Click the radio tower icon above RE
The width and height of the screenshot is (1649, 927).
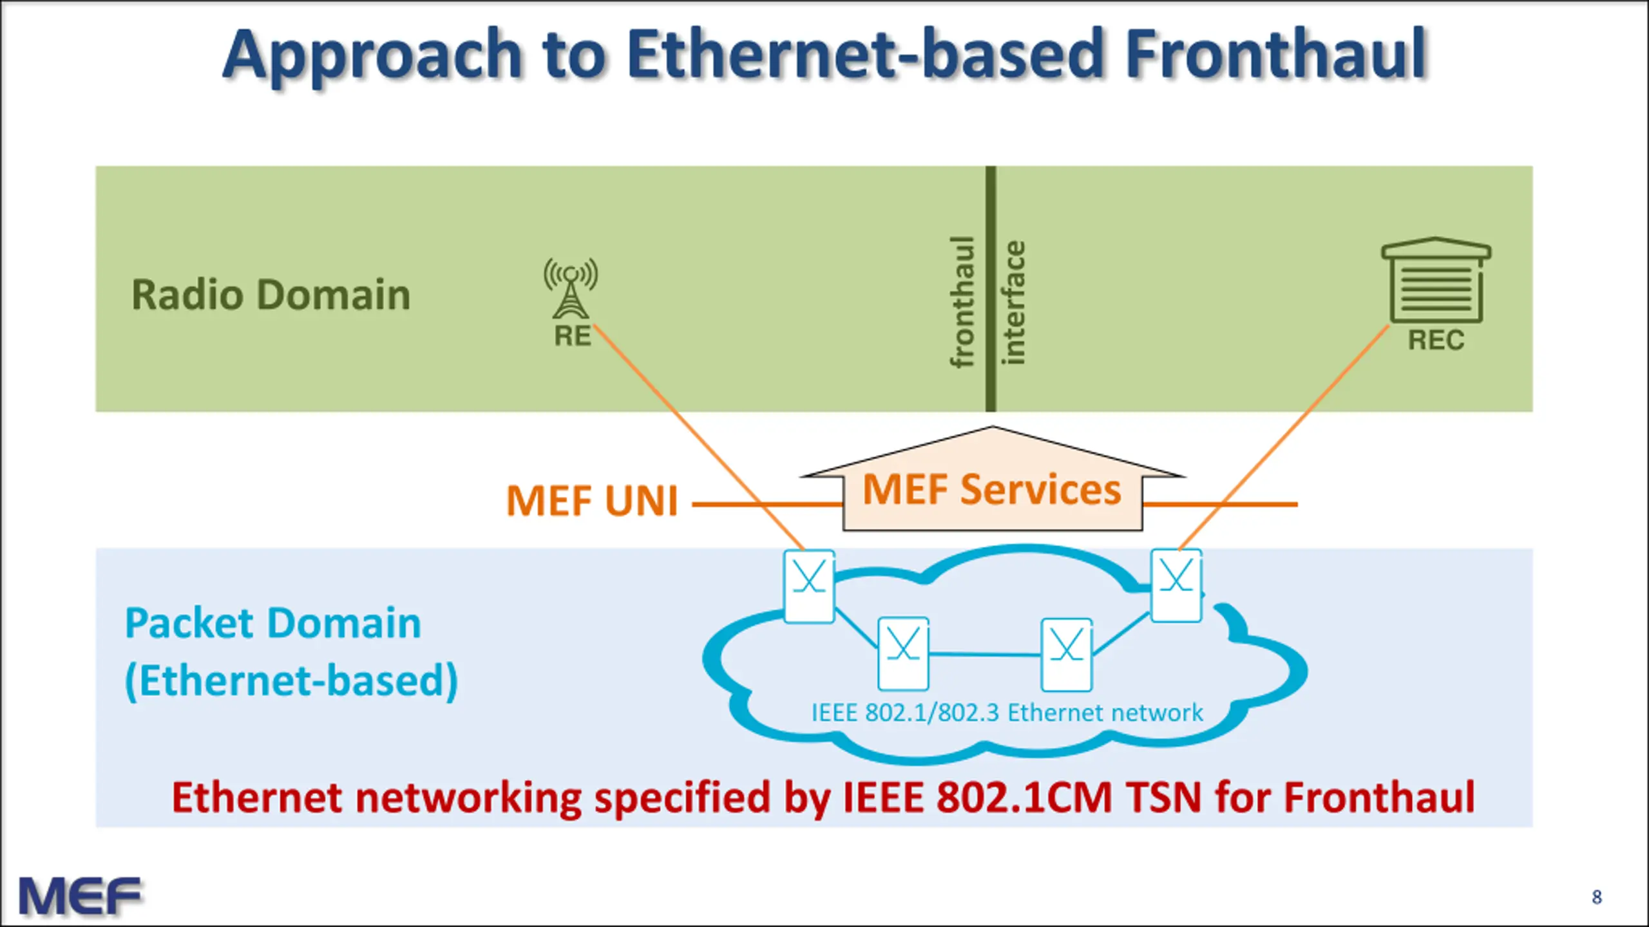click(x=571, y=288)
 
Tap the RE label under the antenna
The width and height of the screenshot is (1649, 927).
click(x=572, y=336)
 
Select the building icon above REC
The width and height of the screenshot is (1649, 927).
click(x=1436, y=280)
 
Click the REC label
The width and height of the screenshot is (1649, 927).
click(x=1436, y=340)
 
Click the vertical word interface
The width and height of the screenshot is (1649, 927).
click(x=1013, y=303)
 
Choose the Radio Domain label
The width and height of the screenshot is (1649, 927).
click(x=271, y=295)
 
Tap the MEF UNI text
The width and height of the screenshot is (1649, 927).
click(x=593, y=501)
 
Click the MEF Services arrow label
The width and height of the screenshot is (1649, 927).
click(x=992, y=489)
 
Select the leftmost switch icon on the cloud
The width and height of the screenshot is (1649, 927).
click(x=809, y=586)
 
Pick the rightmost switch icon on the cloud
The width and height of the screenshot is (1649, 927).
click(x=1176, y=585)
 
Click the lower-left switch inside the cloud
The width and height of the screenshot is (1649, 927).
click(x=903, y=654)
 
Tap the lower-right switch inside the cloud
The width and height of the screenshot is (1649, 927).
click(x=1067, y=655)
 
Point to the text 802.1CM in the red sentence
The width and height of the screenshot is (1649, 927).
click(x=1024, y=798)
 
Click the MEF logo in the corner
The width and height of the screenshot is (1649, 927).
click(x=80, y=895)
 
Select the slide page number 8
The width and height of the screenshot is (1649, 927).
click(x=1597, y=897)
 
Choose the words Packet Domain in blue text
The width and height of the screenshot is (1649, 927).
click(x=273, y=624)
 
